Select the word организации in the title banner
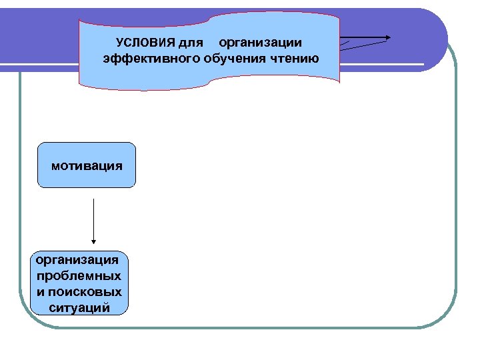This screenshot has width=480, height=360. [260, 43]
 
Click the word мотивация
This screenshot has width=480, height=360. [87, 165]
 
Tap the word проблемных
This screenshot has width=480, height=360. [79, 275]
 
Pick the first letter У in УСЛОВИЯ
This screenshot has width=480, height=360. [119, 43]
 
